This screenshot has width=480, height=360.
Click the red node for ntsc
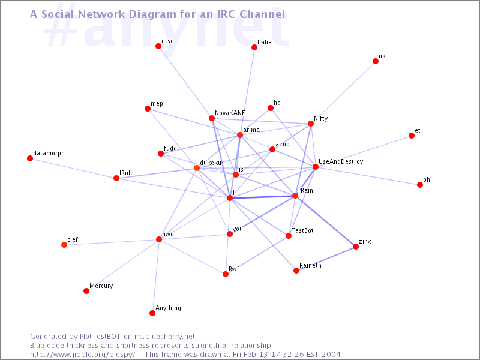[x=158, y=46]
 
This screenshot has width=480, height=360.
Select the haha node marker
[x=254, y=47]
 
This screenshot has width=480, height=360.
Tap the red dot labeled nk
[x=376, y=61]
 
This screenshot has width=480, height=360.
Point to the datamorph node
[x=30, y=158]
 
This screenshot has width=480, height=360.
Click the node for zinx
[x=356, y=247]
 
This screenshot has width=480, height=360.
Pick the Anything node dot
[x=152, y=313]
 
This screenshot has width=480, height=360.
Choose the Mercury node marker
[x=86, y=291]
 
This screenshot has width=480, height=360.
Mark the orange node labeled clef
[x=64, y=245]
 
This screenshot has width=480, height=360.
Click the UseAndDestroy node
[x=316, y=167]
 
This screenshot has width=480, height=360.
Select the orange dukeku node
[x=197, y=168]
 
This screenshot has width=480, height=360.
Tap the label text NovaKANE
[x=230, y=112]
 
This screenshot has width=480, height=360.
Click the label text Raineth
[x=310, y=265]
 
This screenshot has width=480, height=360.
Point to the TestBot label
[x=302, y=230]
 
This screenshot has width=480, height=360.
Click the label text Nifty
[x=320, y=118]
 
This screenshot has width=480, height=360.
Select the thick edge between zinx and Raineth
[x=326, y=259]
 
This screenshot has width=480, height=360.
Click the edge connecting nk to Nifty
[x=343, y=92]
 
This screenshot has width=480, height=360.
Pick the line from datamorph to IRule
[x=73, y=168]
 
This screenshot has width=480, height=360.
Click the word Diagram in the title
[x=149, y=13]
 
